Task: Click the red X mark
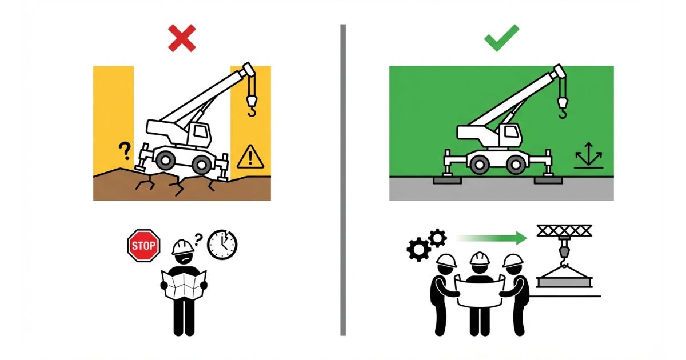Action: (x=182, y=38)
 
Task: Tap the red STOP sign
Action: (x=143, y=246)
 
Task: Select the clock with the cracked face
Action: (x=222, y=245)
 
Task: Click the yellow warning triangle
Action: (x=250, y=157)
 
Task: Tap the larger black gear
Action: (x=418, y=249)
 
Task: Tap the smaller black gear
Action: (x=437, y=238)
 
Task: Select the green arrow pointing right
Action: (x=492, y=238)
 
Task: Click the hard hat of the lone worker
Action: (x=182, y=247)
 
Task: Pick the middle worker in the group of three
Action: (x=480, y=293)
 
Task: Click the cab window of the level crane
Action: (x=511, y=132)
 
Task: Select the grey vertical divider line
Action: (x=343, y=180)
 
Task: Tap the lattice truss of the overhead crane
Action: (x=564, y=230)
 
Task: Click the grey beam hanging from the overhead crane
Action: (x=564, y=282)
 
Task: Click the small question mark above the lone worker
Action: (x=198, y=239)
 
